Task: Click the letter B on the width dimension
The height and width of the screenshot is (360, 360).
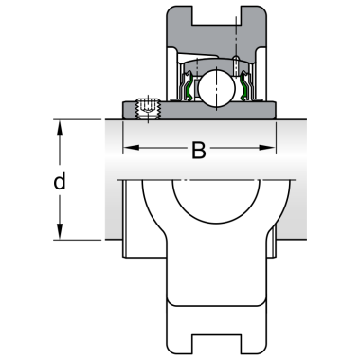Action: pos(199,150)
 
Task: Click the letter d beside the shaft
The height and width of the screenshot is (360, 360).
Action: pos(60,181)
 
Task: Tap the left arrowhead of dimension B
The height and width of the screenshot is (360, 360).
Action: pos(131,148)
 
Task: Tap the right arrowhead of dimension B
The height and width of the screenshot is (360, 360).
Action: pos(267,148)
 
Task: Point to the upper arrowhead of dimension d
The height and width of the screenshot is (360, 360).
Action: pos(60,128)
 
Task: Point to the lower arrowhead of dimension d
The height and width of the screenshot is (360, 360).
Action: pos(60,231)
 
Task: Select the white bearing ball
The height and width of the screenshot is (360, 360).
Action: pos(217,88)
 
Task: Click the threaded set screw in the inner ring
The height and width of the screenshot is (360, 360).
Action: pos(148,109)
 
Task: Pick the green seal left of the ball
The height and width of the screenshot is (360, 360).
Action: pos(189,87)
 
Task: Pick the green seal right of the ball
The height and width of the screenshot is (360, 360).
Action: pos(244,87)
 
